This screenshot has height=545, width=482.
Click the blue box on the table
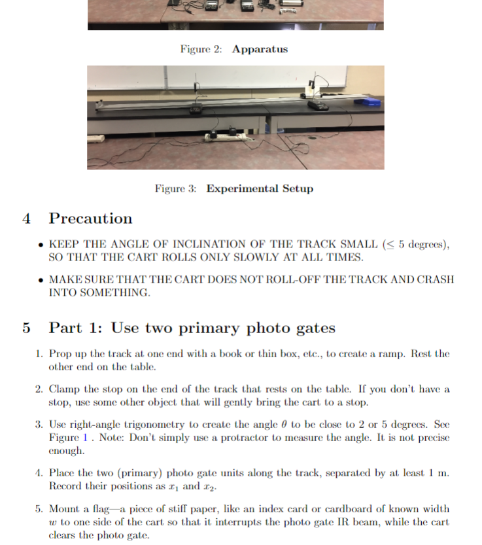pyautogui.click(x=371, y=101)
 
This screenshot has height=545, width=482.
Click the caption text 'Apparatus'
pyautogui.click(x=260, y=49)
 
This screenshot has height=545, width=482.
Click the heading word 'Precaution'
pyautogui.click(x=91, y=219)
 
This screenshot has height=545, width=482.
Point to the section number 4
pyautogui.click(x=27, y=219)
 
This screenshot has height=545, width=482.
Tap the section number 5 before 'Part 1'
pyautogui.click(x=27, y=328)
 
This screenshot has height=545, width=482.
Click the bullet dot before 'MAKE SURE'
pyautogui.click(x=41, y=280)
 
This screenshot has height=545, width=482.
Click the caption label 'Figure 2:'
pyautogui.click(x=201, y=49)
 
